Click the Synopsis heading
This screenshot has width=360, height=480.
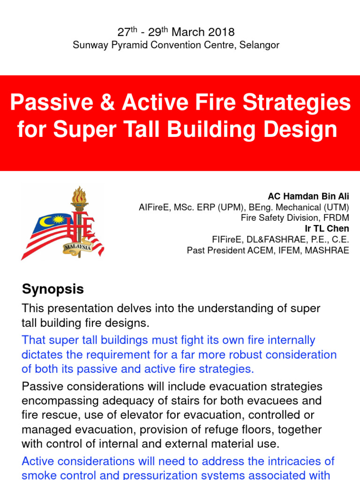pyautogui.click(x=52, y=289)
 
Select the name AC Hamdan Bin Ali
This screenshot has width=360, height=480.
pyautogui.click(x=308, y=196)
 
